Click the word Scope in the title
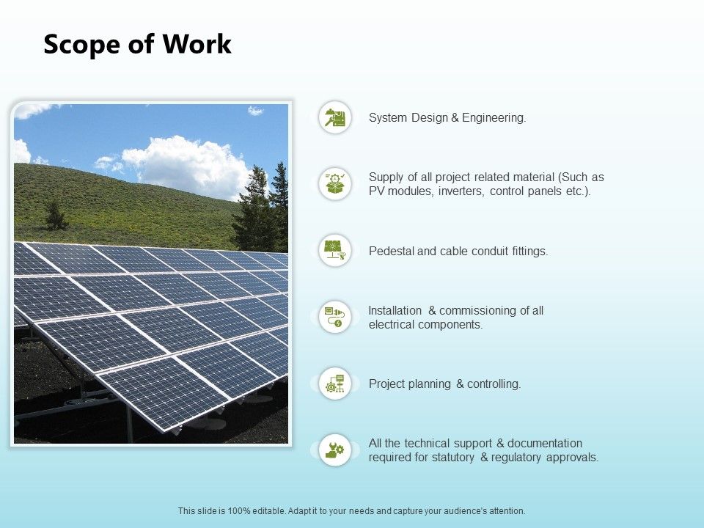(x=81, y=45)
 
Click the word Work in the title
(x=197, y=44)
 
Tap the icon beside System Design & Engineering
(x=335, y=117)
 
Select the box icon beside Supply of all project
(x=335, y=183)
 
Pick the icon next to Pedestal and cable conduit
(x=335, y=250)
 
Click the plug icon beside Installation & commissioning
(x=335, y=317)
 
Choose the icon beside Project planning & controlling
(x=335, y=383)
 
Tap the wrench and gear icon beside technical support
(x=335, y=450)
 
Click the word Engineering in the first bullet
(x=494, y=118)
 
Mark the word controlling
(x=494, y=384)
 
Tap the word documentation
(x=545, y=443)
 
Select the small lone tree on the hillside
(x=55, y=215)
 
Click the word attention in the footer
(x=507, y=511)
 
